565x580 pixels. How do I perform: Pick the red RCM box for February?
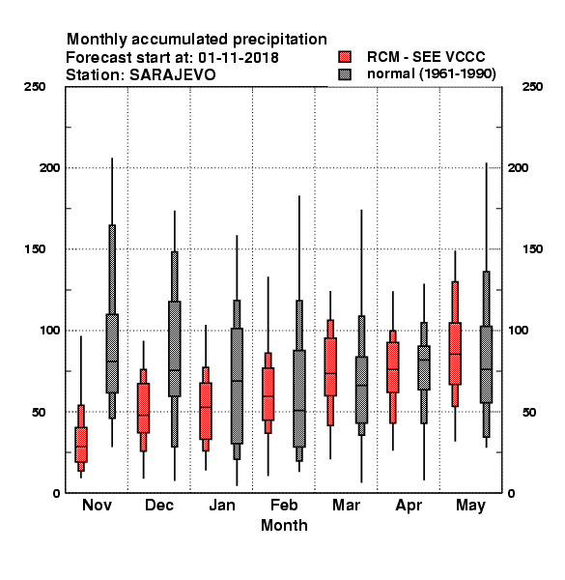point(268,393)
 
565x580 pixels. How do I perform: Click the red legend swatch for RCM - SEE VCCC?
point(345,57)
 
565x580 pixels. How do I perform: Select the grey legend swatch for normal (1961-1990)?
point(345,74)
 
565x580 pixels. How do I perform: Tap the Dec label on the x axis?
point(159,505)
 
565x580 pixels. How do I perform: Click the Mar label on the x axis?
point(346,505)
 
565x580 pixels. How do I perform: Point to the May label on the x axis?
point(470,506)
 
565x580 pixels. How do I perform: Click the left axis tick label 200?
point(49,167)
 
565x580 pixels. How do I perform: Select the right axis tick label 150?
point(532,249)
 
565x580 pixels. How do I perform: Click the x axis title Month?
point(284,525)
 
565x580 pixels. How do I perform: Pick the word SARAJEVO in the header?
point(172,74)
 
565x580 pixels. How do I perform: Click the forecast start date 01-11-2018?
point(239,57)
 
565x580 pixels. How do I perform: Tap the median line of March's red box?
point(330,373)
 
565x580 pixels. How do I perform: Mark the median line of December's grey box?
point(175,370)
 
